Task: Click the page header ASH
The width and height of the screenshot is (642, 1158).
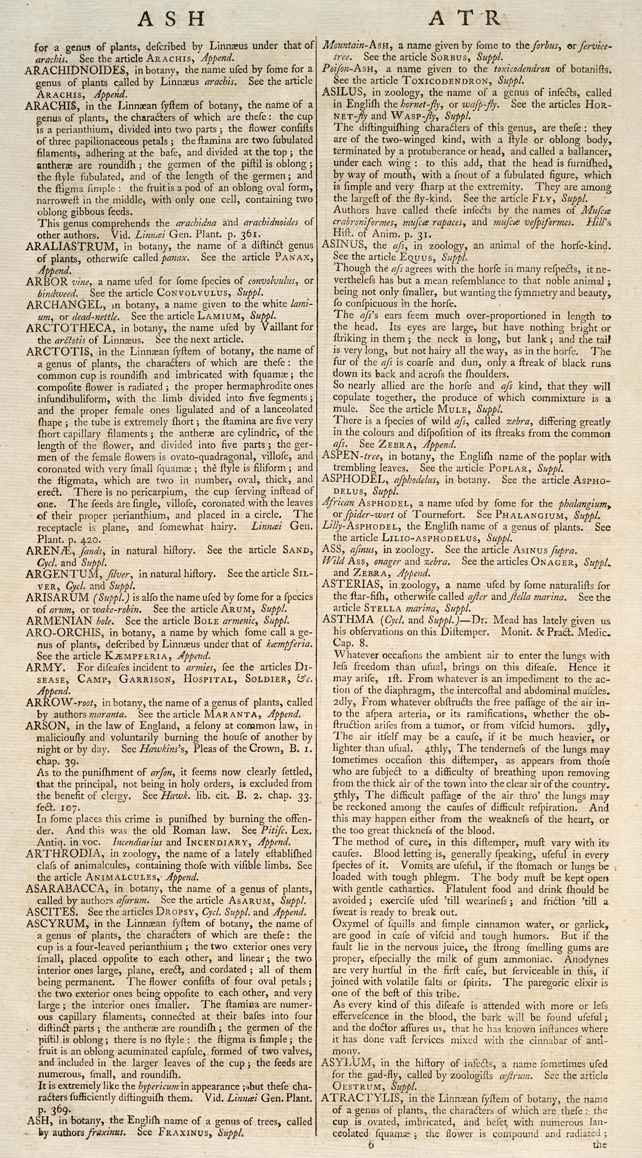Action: point(171,18)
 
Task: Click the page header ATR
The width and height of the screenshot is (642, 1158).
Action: point(465,18)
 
